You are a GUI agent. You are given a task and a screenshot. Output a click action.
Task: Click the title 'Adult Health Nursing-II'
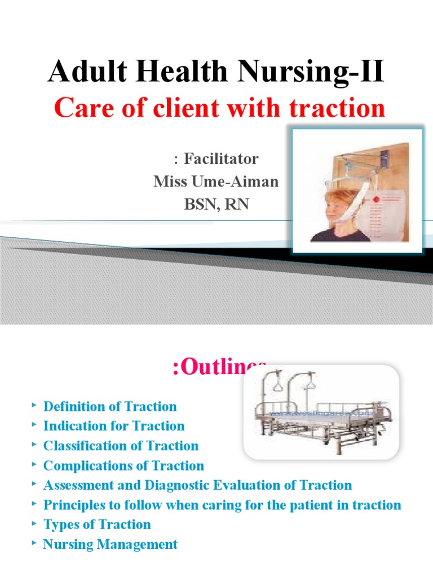pyautogui.click(x=216, y=73)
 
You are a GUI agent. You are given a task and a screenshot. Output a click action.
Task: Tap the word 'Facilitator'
pyautogui.click(x=216, y=159)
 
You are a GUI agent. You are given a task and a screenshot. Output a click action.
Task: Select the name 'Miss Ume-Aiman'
pyautogui.click(x=216, y=182)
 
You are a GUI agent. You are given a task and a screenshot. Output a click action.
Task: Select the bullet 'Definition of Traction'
pyautogui.click(x=110, y=406)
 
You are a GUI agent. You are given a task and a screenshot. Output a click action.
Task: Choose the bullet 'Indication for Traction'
pyautogui.click(x=114, y=426)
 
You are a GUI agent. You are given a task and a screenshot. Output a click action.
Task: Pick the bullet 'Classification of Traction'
pyautogui.click(x=121, y=446)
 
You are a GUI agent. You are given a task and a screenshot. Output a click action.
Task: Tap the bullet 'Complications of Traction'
pyautogui.click(x=123, y=465)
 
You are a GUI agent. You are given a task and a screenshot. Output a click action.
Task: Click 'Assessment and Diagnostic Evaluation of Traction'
pyautogui.click(x=197, y=485)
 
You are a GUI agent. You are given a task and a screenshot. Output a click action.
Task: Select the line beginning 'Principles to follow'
pyautogui.click(x=222, y=505)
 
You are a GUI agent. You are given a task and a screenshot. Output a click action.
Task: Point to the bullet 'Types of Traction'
pyautogui.click(x=97, y=525)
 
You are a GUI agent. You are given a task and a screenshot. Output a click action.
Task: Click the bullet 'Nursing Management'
pyautogui.click(x=110, y=544)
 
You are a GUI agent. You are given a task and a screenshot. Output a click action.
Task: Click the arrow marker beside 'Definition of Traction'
pyautogui.click(x=35, y=405)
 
